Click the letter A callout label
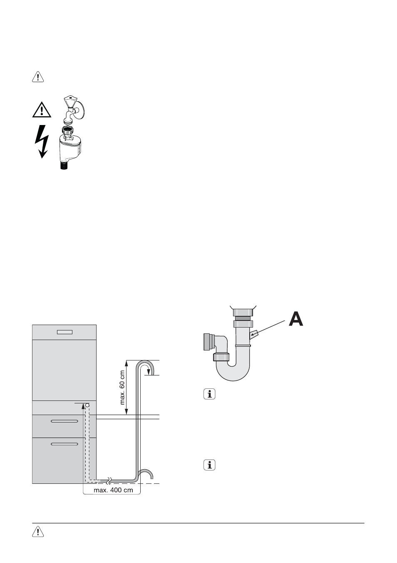tap(296, 319)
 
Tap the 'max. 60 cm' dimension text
tap(122, 387)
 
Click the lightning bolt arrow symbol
tap(42, 142)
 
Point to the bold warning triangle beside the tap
tap(42, 110)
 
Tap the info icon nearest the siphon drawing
tap(210, 394)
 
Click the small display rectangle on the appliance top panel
tap(65, 332)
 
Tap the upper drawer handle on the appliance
tap(65, 421)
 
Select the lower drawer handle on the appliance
tap(65, 444)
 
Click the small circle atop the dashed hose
tap(87, 405)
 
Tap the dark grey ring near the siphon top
tap(242, 318)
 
